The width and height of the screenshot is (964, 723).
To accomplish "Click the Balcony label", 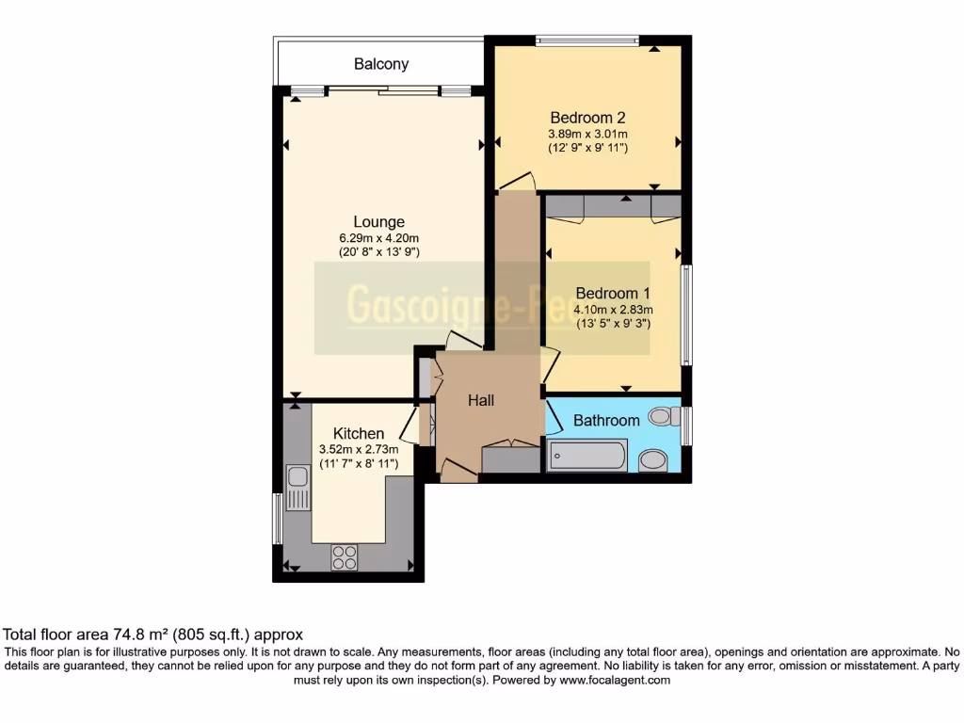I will click(381, 64).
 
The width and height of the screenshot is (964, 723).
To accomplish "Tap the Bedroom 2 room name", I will click(588, 118).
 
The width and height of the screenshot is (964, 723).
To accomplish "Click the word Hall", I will click(481, 400).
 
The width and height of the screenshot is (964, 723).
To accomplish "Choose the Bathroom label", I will click(607, 420).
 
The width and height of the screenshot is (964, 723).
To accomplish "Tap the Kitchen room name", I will click(359, 433).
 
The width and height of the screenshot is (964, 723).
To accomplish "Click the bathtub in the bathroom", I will click(587, 457).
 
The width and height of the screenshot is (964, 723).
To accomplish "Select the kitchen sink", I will click(297, 488).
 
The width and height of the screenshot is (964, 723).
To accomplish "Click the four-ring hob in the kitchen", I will click(344, 557).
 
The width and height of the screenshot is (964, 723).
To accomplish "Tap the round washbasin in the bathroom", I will click(651, 460).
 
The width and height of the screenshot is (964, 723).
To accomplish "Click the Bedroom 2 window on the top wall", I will click(586, 40).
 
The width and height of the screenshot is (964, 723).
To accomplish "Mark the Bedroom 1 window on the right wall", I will click(687, 315).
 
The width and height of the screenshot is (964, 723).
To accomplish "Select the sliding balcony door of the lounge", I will click(382, 90).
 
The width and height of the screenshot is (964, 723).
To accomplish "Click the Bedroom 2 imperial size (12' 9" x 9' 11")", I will click(588, 148).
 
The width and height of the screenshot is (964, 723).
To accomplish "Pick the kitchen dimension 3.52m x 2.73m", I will click(359, 449).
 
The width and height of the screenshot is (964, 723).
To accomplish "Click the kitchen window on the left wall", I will click(277, 519).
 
